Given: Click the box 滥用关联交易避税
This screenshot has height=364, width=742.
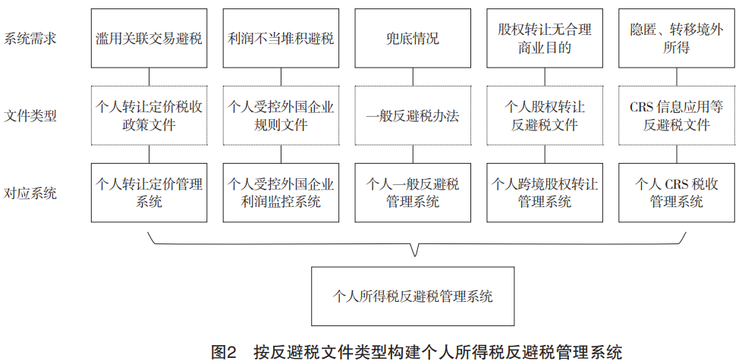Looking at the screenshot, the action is click(x=149, y=38).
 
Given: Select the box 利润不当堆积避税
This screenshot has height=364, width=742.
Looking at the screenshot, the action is click(x=281, y=38).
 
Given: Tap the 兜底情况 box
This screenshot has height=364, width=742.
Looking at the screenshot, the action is click(x=413, y=38).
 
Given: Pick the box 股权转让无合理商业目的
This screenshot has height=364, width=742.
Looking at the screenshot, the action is click(x=545, y=38).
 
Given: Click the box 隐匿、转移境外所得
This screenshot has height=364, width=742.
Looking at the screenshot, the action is click(x=677, y=38).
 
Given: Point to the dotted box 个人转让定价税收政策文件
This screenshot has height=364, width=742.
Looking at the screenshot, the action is click(x=149, y=115).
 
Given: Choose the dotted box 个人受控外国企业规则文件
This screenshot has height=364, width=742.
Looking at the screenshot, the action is click(x=281, y=115).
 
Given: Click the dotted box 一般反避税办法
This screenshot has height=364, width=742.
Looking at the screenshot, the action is click(x=413, y=115).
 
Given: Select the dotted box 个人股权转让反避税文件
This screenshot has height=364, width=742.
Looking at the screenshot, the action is click(x=545, y=115).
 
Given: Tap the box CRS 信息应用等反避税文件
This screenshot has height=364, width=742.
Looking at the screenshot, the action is click(x=677, y=115).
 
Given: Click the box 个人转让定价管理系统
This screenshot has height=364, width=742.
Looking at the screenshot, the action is click(x=149, y=193).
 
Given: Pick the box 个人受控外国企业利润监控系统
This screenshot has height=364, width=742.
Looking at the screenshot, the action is click(x=281, y=193).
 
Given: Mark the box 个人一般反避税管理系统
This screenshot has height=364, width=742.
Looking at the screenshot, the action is click(x=413, y=193).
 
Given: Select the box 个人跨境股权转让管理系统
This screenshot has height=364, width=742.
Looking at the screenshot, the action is click(x=545, y=193).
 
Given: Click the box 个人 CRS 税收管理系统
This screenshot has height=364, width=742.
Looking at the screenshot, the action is click(x=677, y=193).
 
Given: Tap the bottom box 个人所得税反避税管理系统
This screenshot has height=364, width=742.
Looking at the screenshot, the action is click(x=413, y=297).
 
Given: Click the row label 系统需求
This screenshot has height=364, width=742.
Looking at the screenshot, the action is click(x=30, y=38).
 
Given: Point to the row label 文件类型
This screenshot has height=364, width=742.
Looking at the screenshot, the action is click(x=30, y=116).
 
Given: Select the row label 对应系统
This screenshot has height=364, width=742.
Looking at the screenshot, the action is click(x=30, y=193).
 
